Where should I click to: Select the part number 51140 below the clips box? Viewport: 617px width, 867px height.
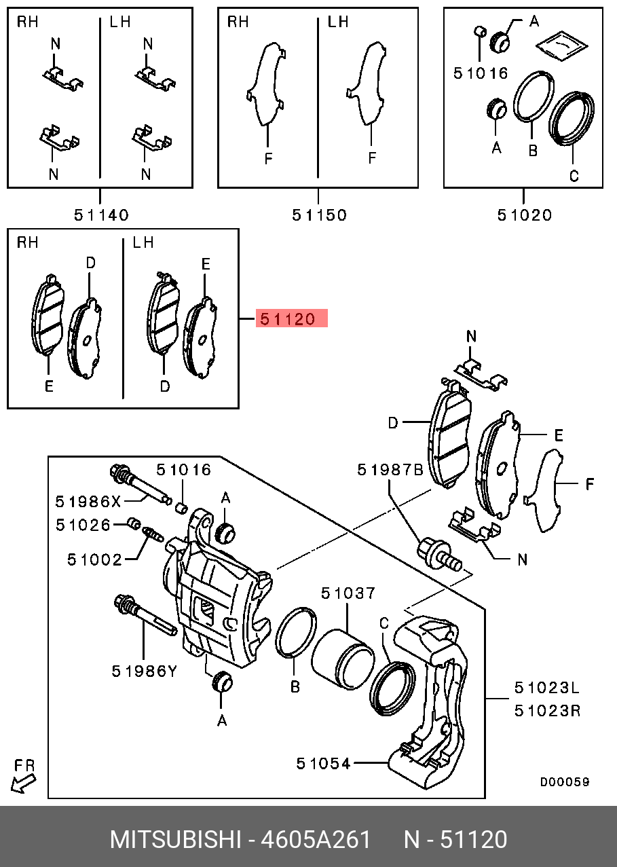click(101, 215)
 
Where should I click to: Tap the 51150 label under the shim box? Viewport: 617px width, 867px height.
click(319, 215)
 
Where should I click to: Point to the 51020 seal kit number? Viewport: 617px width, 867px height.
click(525, 215)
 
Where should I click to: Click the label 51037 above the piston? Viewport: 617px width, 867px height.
click(348, 593)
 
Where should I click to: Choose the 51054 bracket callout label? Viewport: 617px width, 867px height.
click(324, 764)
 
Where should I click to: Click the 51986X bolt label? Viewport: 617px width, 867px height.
click(88, 502)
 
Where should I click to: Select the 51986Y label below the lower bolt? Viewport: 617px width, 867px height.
click(144, 671)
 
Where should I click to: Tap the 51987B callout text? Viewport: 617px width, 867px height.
click(390, 470)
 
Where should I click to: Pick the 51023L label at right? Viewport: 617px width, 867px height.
click(546, 688)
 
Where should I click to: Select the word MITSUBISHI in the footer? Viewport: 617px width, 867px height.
click(175, 840)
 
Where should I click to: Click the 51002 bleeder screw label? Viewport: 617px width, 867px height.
click(94, 559)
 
